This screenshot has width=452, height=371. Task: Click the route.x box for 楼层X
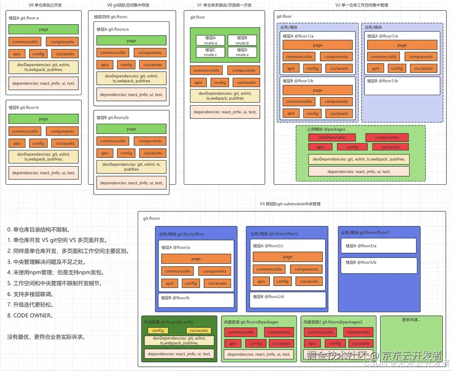(x=242, y=52)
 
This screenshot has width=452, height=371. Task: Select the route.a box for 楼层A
(x=210, y=40)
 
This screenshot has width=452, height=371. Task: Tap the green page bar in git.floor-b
(x=44, y=119)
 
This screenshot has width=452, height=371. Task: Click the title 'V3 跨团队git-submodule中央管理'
(x=290, y=204)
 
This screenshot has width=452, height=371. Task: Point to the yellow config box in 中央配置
(x=158, y=330)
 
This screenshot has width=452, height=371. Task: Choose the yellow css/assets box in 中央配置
(x=198, y=330)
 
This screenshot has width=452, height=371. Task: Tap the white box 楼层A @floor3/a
(x=378, y=246)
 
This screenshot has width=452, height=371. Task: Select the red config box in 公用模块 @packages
(x=352, y=147)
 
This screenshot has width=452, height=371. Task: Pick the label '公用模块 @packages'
(x=326, y=129)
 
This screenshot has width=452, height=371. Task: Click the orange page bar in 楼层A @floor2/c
(x=288, y=257)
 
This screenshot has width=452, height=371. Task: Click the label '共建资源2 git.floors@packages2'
(x=333, y=322)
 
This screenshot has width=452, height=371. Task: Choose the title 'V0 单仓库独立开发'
(x=45, y=5)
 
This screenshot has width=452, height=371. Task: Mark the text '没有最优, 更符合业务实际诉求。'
(x=46, y=337)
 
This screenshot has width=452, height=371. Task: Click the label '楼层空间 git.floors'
(x=111, y=17)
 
